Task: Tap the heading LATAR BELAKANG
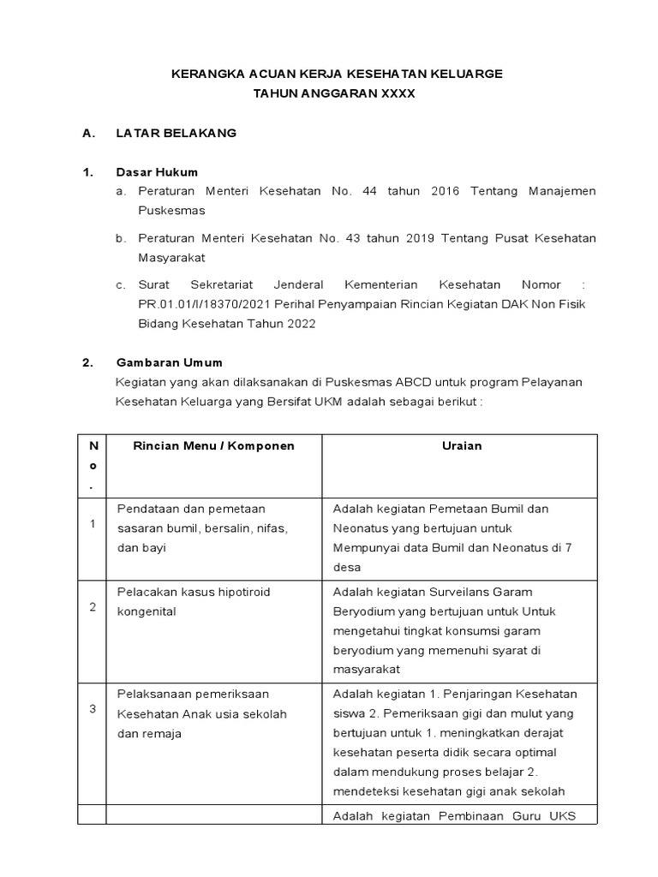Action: [x=176, y=134]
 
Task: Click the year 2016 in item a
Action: [x=444, y=191]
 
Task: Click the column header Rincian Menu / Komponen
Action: [x=213, y=445]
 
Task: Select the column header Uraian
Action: [x=462, y=445]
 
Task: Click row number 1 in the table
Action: [x=93, y=524]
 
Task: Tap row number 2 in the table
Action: [x=93, y=606]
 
